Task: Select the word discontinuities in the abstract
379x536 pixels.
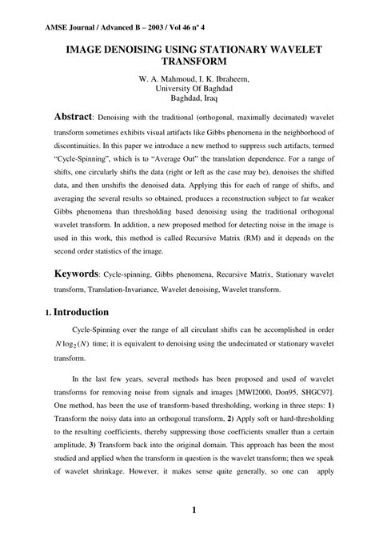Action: tap(85, 146)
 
